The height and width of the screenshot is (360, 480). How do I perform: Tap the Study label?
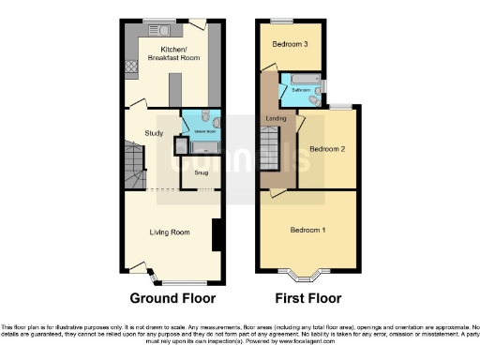pos(155,133)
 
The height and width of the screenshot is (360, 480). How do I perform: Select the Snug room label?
pos(202,172)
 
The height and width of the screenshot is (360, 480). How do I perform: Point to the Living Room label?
pos(170,232)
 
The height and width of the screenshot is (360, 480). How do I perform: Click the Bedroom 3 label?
pos(292,44)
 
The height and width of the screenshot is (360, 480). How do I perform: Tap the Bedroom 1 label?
pos(307,231)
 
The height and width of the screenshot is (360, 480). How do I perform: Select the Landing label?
pos(277,117)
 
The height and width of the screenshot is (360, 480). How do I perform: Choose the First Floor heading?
pos(307,300)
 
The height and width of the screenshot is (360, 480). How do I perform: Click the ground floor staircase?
pos(131,169)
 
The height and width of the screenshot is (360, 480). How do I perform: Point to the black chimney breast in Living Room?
pos(217,234)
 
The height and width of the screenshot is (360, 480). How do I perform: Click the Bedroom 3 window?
pos(282,21)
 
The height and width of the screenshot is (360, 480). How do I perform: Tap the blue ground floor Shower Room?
pos(201,122)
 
